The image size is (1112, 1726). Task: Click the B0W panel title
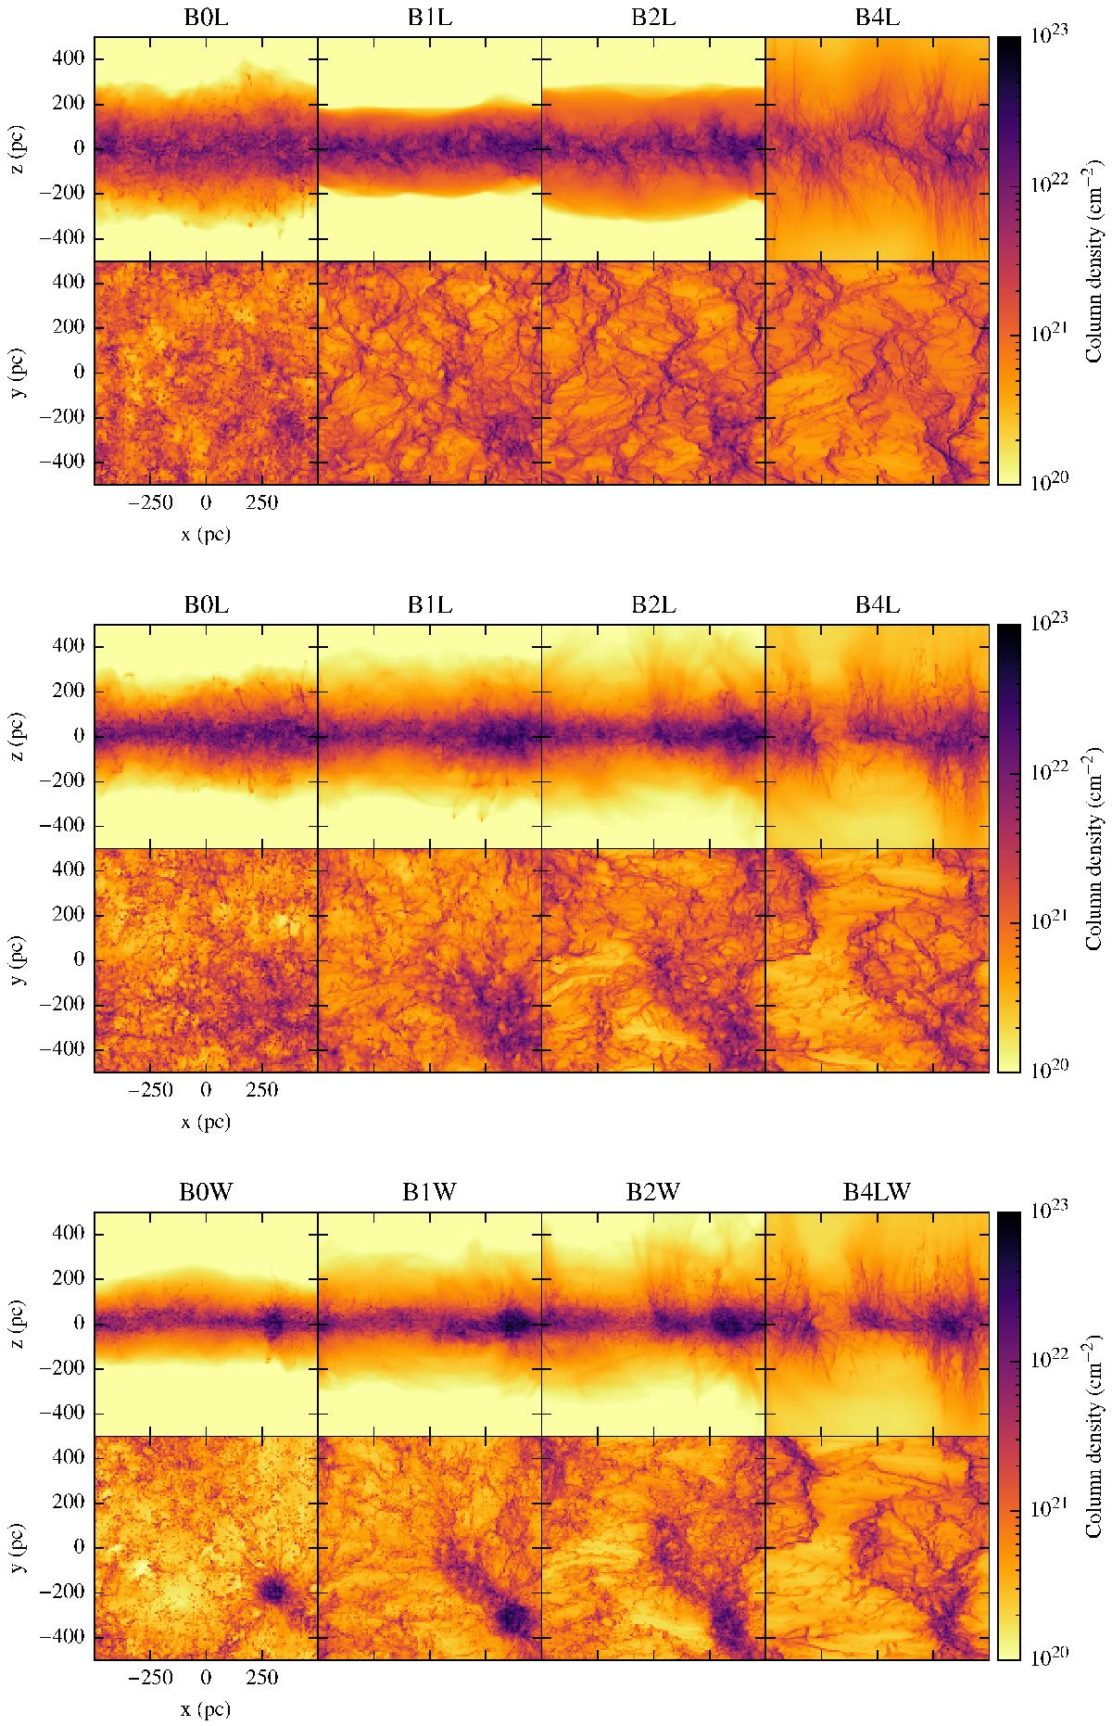click(x=206, y=1193)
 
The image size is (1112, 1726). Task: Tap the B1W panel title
click(x=429, y=1193)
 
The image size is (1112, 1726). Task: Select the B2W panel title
click(x=653, y=1193)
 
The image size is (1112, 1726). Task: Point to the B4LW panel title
click(x=877, y=1193)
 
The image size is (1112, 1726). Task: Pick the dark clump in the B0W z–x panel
click(x=273, y=1324)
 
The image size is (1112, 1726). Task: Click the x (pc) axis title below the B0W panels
click(x=206, y=1707)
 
